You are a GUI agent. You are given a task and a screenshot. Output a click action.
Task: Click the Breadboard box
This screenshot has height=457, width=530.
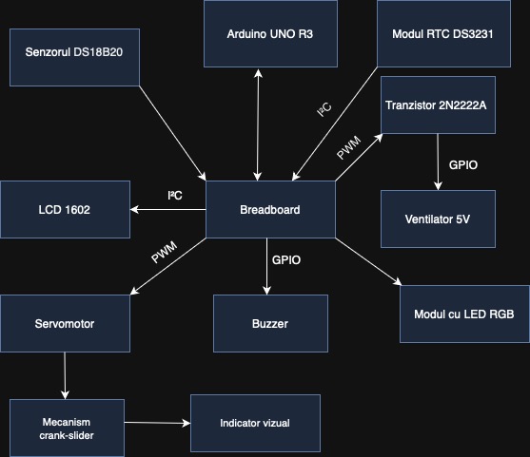point(271,209)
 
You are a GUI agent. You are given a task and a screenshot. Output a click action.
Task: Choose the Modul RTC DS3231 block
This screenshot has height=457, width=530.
point(444,33)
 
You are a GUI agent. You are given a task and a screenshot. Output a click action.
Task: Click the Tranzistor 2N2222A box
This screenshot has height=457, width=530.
point(437,104)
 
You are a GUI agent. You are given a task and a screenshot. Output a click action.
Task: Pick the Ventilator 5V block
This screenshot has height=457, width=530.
point(437,219)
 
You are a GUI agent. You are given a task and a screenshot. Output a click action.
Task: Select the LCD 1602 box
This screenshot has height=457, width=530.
point(65,209)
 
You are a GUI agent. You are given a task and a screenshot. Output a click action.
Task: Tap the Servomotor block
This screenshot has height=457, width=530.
point(65,324)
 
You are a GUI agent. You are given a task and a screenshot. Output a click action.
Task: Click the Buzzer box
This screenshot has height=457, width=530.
point(270,324)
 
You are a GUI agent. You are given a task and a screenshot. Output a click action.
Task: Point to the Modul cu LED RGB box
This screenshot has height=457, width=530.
point(464,313)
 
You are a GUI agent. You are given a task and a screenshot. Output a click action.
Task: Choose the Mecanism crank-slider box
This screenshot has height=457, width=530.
point(67,428)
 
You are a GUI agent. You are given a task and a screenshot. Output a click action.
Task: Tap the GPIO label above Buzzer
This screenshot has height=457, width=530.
point(286,259)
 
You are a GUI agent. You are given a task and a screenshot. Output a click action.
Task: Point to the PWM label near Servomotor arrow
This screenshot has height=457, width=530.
point(165,257)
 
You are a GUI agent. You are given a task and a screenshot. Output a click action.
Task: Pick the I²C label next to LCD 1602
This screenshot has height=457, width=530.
point(174,195)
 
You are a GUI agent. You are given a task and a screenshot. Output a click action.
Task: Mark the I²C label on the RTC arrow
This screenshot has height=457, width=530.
point(324,112)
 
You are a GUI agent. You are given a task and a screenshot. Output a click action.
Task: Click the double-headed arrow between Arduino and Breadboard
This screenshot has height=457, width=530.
point(258,123)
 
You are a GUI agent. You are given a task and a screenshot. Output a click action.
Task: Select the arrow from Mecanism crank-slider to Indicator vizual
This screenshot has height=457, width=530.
point(157,422)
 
